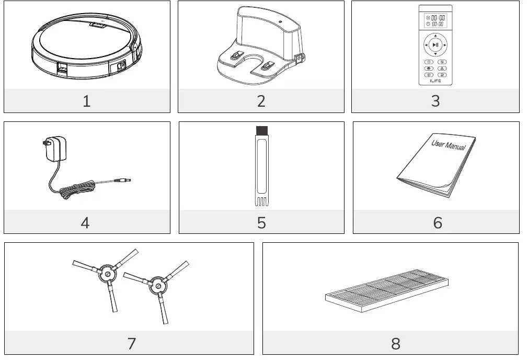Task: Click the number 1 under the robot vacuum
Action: tap(87, 101)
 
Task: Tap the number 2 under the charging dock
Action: tap(261, 101)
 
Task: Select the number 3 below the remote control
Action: tap(435, 101)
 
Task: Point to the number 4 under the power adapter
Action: tap(85, 222)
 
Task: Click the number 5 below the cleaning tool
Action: tap(261, 222)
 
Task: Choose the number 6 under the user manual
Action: tap(438, 222)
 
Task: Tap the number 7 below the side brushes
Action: tap(131, 343)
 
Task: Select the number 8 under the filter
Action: tap(396, 343)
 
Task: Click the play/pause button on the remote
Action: tap(435, 45)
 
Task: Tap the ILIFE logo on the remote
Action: tap(435, 81)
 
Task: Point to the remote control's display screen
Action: tap(435, 20)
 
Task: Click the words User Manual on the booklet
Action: tap(449, 144)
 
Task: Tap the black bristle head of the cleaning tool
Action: tap(261, 130)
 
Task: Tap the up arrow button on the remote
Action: tap(435, 36)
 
